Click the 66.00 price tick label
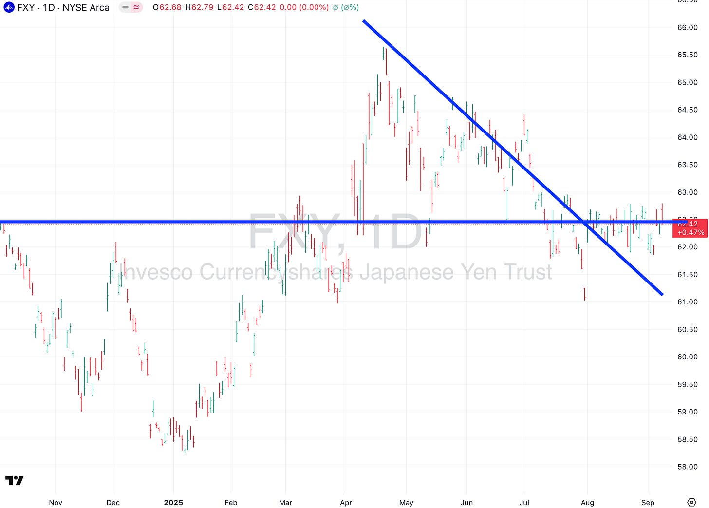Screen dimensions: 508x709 [x=687, y=28]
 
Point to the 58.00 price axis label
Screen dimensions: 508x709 [x=687, y=467]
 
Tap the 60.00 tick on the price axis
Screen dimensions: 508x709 [x=687, y=357]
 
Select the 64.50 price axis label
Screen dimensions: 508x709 [x=687, y=110]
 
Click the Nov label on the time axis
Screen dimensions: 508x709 [x=56, y=503]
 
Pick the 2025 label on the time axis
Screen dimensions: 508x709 [x=173, y=503]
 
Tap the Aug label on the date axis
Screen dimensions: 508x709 [x=587, y=503]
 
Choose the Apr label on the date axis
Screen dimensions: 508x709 [x=346, y=503]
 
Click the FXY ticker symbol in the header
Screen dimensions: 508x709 [x=26, y=8]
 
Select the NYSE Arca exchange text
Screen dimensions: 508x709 [x=86, y=8]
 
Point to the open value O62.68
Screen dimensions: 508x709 [x=167, y=8]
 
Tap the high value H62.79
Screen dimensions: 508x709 [x=199, y=8]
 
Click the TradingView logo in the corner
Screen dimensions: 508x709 [x=15, y=481]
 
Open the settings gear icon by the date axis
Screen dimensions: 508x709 [x=691, y=503]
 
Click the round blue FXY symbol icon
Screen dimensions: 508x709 [x=9, y=8]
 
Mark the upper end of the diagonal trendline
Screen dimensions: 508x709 [x=364, y=21]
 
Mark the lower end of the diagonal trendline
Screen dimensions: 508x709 [x=662, y=294]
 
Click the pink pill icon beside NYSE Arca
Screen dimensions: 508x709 [x=131, y=8]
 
